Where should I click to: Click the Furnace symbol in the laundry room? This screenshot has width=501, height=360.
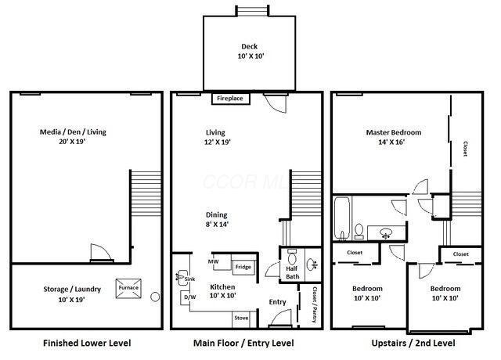[128, 288]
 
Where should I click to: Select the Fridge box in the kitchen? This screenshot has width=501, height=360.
[243, 268]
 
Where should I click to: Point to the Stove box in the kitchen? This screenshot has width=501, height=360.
[243, 319]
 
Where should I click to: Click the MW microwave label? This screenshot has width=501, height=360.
[213, 261]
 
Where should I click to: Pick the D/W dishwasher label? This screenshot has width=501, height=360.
[189, 297]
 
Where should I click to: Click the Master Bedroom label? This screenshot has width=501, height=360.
[394, 138]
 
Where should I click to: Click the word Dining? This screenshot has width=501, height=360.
[217, 215]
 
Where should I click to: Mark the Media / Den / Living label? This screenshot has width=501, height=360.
[73, 138]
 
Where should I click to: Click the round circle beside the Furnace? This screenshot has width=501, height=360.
[155, 297]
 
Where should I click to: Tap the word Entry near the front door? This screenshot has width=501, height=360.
[256, 301]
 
